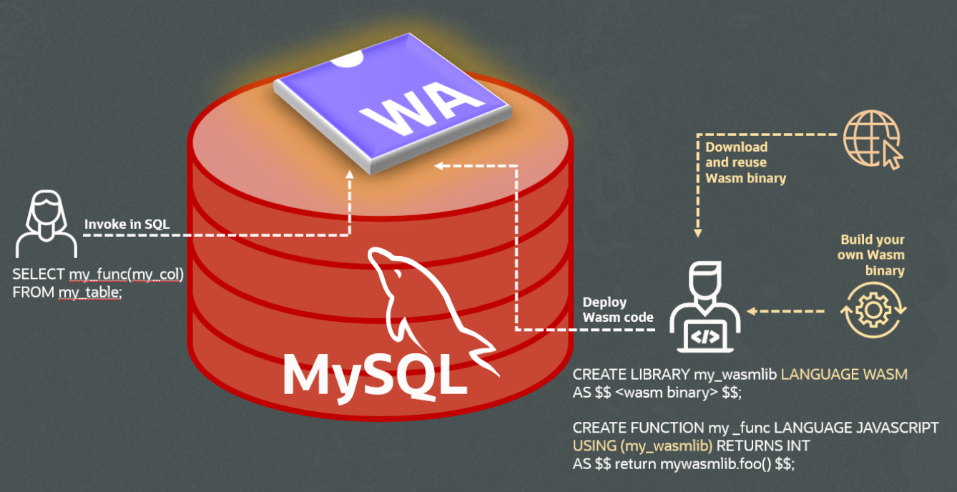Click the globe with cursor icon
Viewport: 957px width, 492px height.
872,140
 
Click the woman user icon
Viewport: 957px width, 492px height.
46,223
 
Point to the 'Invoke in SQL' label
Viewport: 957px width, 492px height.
127,224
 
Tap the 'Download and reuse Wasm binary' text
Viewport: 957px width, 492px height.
745,162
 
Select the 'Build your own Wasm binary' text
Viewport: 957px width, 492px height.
871,255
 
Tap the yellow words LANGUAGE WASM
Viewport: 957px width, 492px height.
843,374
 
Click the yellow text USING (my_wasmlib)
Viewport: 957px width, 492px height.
643,446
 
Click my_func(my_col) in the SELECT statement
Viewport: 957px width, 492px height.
126,275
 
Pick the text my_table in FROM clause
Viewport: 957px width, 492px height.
90,292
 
